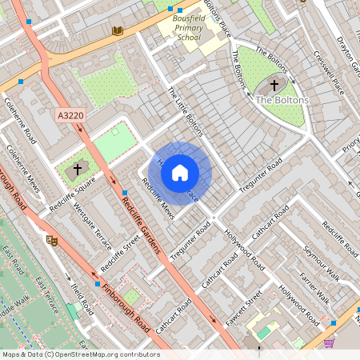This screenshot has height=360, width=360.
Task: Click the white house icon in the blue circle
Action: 180,171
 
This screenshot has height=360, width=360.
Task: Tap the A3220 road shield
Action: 70,116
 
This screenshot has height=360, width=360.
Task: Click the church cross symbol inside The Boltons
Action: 274,84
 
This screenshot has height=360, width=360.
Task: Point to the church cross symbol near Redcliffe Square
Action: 78,169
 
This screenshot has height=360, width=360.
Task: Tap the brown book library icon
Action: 118,30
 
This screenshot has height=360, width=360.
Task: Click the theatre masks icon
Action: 53,239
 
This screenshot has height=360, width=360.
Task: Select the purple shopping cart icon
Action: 329,342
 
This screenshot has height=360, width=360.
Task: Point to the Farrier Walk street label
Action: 314,289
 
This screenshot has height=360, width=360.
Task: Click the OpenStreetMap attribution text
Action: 80,354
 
